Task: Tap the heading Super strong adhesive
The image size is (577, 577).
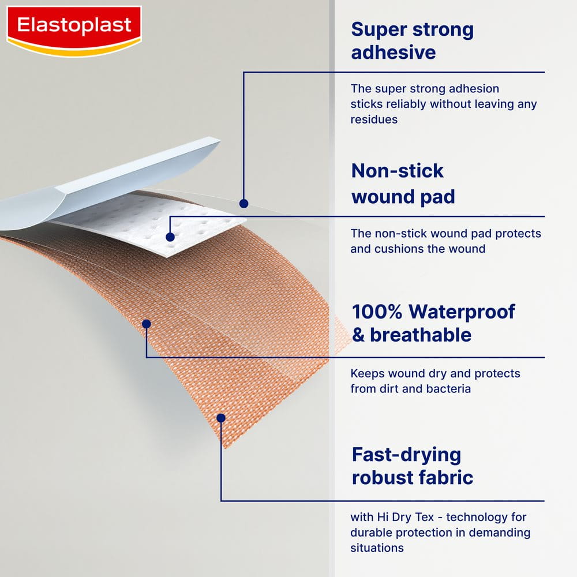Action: [x=412, y=41]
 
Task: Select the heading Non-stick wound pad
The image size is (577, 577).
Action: [x=403, y=183]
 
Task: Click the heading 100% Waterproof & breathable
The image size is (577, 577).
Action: [x=433, y=323]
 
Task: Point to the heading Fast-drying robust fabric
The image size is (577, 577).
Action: [x=412, y=466]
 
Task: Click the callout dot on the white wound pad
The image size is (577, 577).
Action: [x=170, y=237]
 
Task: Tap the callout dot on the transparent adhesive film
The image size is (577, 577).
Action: [x=243, y=203]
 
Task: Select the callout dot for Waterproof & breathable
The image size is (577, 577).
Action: [x=147, y=324]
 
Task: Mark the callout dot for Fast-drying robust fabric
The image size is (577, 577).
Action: [x=221, y=417]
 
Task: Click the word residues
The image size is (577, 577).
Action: [x=374, y=119]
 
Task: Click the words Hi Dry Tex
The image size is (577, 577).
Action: [x=399, y=517]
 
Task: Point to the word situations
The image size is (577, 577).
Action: [x=377, y=548]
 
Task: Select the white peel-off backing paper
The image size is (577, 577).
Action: [x=115, y=179]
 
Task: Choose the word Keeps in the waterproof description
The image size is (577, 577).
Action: [x=366, y=373]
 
